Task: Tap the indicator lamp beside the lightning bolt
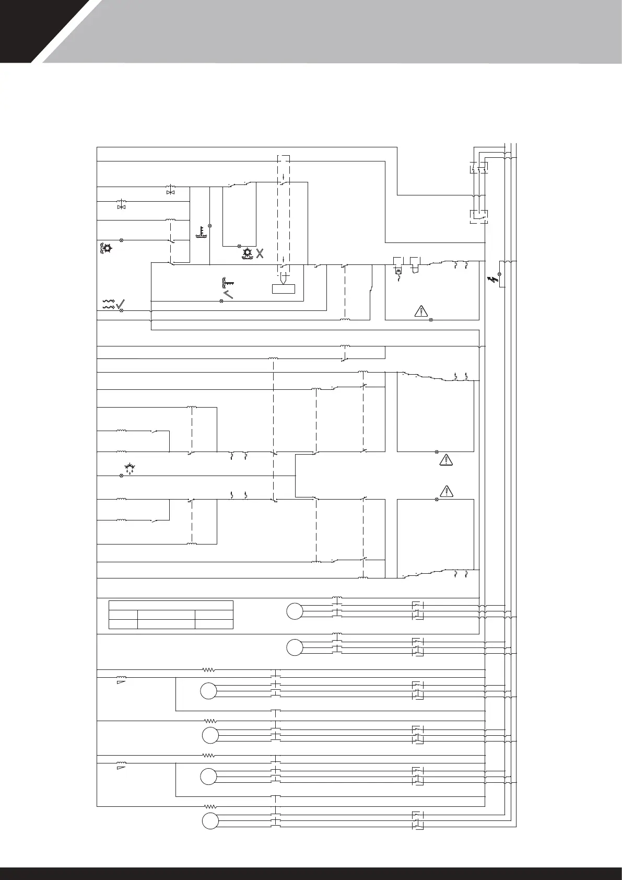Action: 500,274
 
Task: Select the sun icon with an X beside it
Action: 248,254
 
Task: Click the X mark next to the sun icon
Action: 260,254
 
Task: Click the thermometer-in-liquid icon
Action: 199,232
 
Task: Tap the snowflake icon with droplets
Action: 129,467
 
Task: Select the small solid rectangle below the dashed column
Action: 284,290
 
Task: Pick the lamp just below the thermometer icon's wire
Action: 210,226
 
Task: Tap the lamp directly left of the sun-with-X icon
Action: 239,246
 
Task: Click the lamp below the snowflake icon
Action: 122,476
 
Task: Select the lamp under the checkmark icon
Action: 122,311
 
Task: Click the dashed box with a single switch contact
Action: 479,216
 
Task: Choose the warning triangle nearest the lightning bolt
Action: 420,311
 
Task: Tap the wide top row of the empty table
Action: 171,605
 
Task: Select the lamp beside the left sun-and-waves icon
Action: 122,240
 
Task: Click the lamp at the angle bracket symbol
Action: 222,302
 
